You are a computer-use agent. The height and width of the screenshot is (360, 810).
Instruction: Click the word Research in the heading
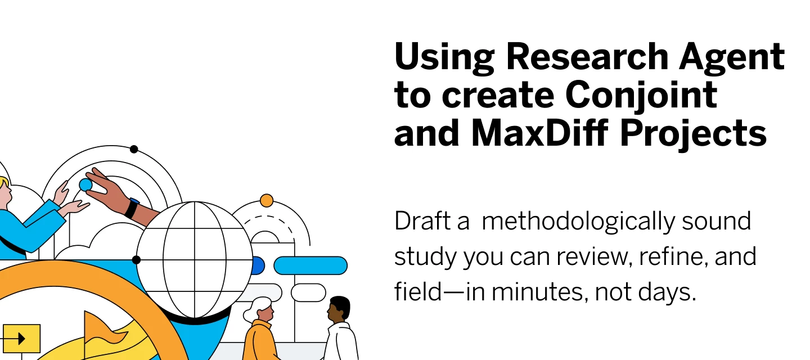click(x=587, y=57)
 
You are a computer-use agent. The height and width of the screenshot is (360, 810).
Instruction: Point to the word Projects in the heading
click(x=693, y=133)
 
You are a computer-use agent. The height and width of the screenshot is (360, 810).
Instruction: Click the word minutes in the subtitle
click(x=537, y=292)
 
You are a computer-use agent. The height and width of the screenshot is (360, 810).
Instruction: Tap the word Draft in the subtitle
click(x=422, y=220)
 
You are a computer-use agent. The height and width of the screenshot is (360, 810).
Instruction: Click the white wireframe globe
click(x=195, y=259)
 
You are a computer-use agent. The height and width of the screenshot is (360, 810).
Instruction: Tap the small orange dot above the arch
click(x=267, y=200)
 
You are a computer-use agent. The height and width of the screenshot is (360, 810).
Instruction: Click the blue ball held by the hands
click(x=85, y=184)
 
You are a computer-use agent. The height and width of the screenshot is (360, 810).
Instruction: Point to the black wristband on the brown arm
click(x=131, y=208)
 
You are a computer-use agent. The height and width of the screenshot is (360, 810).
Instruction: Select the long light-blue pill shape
click(x=310, y=265)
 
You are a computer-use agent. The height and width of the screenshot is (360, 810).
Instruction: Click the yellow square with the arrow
click(x=22, y=339)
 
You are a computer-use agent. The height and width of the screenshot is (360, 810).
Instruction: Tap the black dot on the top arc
click(x=134, y=149)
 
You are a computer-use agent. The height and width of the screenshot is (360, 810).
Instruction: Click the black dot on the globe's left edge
click(x=136, y=259)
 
